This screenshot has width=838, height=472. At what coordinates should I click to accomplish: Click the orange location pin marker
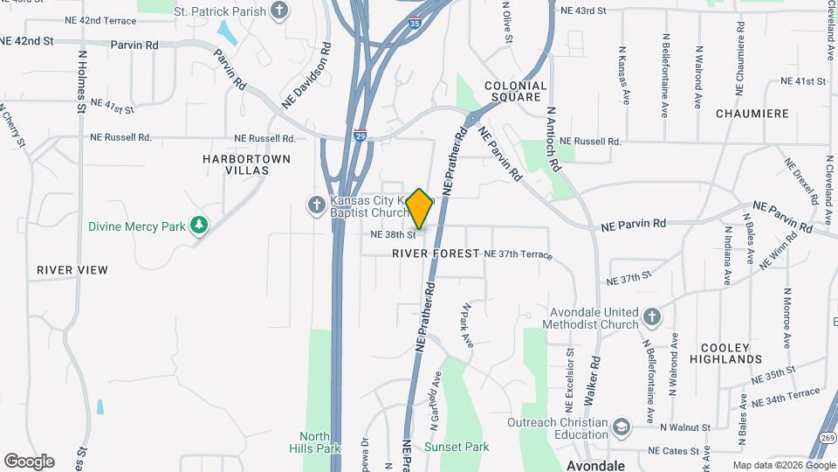420,209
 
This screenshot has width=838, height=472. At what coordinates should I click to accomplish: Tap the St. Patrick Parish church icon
279,10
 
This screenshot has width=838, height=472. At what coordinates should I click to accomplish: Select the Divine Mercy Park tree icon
200,226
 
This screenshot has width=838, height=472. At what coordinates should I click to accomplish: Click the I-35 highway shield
414,24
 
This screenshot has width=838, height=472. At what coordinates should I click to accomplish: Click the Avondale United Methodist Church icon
651,316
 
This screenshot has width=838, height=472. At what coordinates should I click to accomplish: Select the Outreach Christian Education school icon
621,427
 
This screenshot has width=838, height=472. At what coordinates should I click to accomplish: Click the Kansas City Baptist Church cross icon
316,205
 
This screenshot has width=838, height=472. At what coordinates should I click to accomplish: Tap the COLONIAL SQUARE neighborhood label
515,92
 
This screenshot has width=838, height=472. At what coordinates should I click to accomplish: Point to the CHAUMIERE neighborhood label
752,114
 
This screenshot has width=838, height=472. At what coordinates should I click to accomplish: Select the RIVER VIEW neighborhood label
72,270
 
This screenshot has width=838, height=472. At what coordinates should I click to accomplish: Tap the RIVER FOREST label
436,253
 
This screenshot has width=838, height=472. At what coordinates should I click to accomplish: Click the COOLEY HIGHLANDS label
725,351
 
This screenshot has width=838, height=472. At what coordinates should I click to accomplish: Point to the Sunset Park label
457,447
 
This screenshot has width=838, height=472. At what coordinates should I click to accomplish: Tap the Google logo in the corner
29,462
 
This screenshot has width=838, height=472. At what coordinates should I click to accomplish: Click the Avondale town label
596,465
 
